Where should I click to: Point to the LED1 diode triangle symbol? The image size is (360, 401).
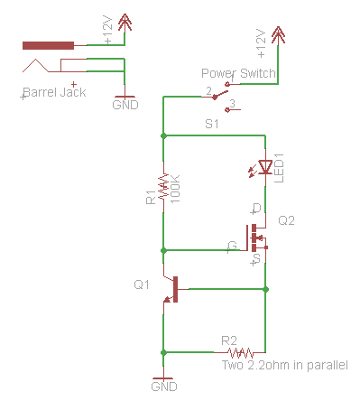[x=264, y=167]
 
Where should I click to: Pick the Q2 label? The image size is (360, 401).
[x=287, y=220]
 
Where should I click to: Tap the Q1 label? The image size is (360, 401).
[x=142, y=285]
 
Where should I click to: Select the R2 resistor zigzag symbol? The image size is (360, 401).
[x=239, y=352]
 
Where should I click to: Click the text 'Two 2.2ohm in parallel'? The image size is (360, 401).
[x=284, y=366]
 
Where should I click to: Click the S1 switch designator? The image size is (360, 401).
[x=212, y=125]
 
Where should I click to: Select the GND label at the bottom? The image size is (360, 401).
[x=162, y=387]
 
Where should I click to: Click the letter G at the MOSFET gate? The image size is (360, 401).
[x=233, y=245]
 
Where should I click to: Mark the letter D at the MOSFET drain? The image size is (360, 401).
[x=255, y=209]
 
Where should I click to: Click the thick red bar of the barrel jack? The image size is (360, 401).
[x=48, y=45]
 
